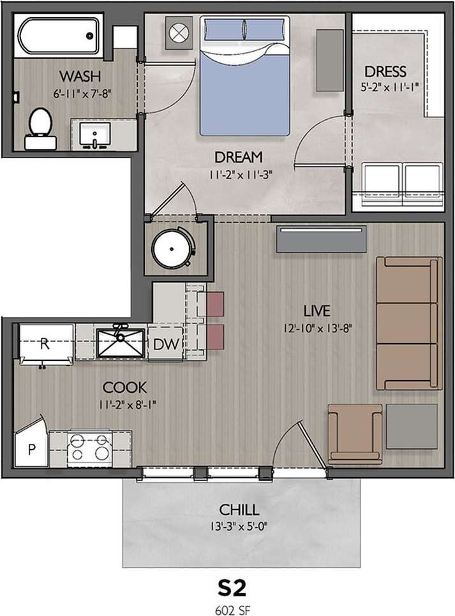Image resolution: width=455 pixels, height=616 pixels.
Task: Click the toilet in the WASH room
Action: (40, 125)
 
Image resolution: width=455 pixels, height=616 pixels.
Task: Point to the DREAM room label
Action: (238, 157)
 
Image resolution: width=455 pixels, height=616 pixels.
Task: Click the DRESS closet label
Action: (385, 71)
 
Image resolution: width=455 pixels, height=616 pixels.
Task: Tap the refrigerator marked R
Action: (45, 344)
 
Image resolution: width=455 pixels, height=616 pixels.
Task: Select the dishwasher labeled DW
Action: (165, 345)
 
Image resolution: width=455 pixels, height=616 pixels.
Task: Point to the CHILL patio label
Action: (239, 510)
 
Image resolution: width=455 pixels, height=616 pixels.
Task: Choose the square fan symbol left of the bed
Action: (179, 32)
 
